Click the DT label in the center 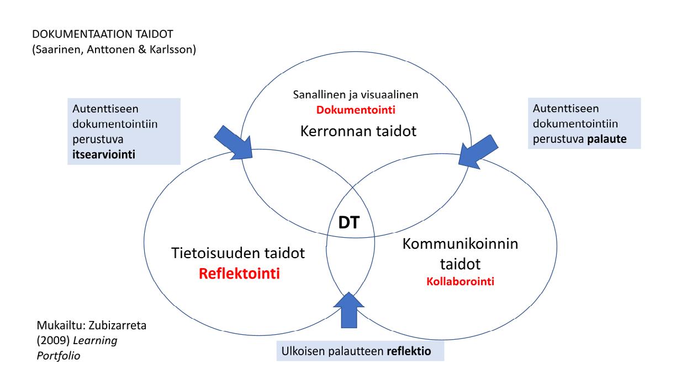pyautogui.click(x=350, y=223)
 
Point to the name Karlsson pyautogui.click(x=176, y=50)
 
